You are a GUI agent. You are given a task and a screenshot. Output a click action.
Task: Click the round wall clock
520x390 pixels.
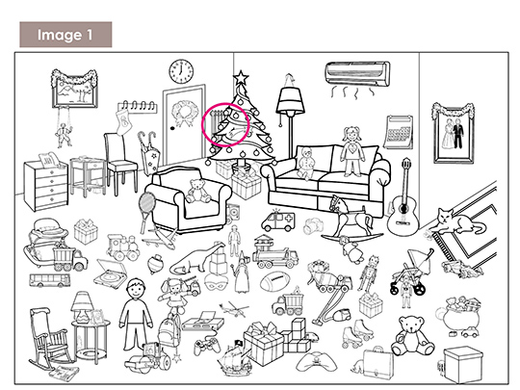tap(181, 71)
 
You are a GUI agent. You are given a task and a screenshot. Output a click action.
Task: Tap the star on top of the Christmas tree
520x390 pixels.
tap(241, 77)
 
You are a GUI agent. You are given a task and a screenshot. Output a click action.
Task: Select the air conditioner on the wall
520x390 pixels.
tap(357, 74)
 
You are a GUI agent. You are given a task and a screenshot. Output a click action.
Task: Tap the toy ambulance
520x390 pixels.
tap(278, 221)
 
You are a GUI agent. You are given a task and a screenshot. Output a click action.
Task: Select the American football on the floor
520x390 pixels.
tap(273, 281)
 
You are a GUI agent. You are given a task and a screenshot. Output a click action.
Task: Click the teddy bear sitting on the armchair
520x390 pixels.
tap(197, 191)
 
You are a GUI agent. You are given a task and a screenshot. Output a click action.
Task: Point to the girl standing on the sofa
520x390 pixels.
tap(352, 151)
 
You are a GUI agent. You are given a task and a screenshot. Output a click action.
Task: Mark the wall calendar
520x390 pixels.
tap(399, 132)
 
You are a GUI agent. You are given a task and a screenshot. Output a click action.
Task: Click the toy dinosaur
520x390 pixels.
tap(195, 258)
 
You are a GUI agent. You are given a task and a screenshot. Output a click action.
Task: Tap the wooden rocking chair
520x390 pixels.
tap(50, 338)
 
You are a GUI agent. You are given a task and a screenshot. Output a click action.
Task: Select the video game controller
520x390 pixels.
tap(207, 346)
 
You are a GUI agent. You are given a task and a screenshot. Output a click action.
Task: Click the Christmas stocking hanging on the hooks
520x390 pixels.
tap(121, 122)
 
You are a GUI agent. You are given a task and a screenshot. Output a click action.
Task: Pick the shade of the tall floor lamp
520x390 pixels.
tap(290, 99)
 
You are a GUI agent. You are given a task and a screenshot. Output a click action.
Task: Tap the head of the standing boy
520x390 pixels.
tap(136, 289)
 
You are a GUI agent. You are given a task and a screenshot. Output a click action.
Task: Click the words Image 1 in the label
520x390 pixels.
tap(65, 35)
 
